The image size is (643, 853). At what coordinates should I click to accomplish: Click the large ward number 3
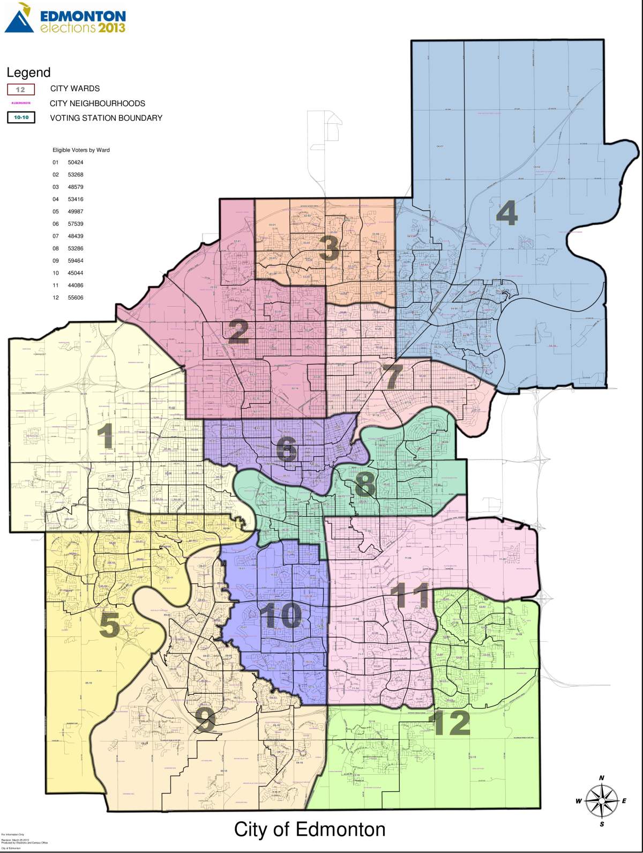coord(328,249)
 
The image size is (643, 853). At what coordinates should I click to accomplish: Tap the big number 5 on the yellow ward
coord(109,625)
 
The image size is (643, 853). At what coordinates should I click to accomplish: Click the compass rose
coord(601,800)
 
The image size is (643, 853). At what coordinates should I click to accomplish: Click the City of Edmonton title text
coord(310,829)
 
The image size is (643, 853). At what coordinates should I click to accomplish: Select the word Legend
coord(28,72)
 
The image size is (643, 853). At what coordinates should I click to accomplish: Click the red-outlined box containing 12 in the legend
coord(20,89)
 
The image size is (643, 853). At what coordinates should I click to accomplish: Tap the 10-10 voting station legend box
coord(21,118)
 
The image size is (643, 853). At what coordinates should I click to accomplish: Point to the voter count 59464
coord(76,261)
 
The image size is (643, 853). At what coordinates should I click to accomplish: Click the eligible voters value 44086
coord(76,285)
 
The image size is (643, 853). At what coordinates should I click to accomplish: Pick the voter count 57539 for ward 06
coord(76,224)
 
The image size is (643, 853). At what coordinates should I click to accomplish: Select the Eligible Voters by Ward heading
coord(81,150)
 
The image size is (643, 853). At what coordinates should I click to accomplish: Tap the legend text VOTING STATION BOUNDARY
coord(106,118)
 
